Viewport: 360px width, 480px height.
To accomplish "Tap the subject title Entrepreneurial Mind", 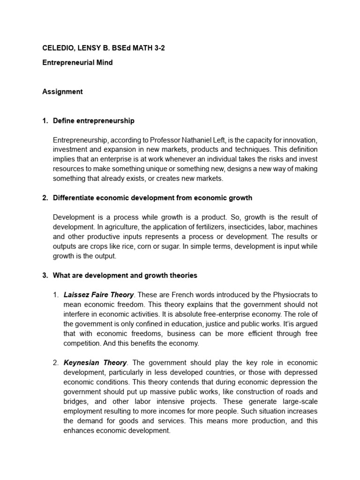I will coord(77,62).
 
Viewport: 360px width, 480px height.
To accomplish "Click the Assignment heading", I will coord(62,91).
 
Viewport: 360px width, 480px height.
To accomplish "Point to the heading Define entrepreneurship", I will coord(93,120).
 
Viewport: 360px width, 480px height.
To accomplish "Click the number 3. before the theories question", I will coord(45,276).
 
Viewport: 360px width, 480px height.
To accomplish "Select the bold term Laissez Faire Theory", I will coord(98,295).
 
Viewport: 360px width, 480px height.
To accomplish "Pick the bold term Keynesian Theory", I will coord(95,363).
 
